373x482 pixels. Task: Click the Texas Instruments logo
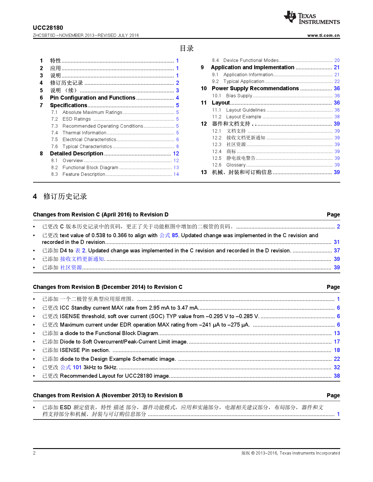coord(312,18)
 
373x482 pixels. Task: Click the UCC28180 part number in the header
coord(48,28)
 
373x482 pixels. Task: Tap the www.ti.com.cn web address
coord(323,35)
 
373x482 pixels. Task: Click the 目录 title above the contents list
coord(187,48)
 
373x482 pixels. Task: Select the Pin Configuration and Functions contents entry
coord(92,98)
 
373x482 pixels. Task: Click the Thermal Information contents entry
coord(84,133)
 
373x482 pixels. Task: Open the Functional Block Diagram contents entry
coord(90,168)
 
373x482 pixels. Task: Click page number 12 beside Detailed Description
coord(176,154)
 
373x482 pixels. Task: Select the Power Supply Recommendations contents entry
coord(255,89)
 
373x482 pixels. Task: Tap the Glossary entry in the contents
coord(236,165)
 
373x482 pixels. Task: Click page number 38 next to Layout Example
coord(337,117)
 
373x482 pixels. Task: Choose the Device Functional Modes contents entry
coord(251,60)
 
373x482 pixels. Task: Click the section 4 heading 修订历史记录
coord(65,197)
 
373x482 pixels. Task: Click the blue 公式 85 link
coord(169,235)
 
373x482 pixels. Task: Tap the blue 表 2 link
coord(80,251)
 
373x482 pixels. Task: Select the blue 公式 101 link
coord(71,367)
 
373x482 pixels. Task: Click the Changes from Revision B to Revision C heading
coord(107,287)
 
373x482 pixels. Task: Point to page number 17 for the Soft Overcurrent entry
coord(337,342)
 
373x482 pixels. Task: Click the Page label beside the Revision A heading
coord(333,396)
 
